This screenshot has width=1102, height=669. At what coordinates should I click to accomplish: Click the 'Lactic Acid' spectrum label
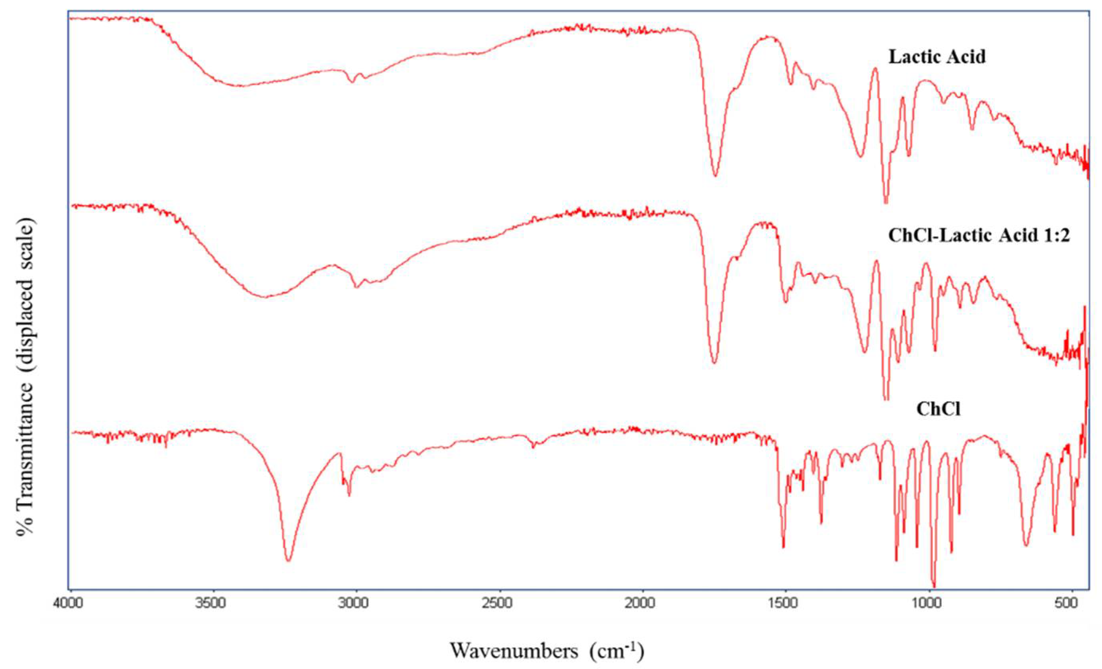point(937,58)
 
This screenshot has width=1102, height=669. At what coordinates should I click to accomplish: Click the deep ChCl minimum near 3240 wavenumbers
point(288,560)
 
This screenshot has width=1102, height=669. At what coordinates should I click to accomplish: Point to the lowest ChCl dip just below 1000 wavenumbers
point(933,586)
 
